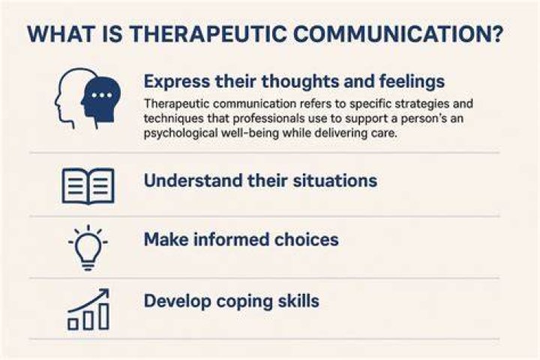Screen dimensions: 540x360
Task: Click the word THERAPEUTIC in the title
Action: (208, 34)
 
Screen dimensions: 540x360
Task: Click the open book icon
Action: (88, 186)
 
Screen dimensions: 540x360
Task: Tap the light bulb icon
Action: (88, 247)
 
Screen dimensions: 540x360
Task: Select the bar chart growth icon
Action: (88, 309)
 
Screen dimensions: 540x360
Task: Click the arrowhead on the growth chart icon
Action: (104, 293)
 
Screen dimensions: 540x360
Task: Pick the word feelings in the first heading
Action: (412, 82)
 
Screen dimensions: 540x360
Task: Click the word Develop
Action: (178, 301)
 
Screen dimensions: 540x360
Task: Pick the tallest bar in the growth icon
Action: (103, 316)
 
